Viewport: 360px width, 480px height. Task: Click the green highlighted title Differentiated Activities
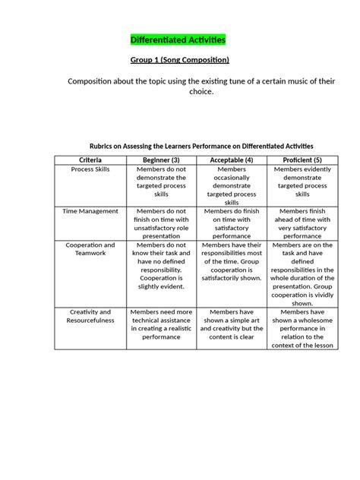pyautogui.click(x=178, y=39)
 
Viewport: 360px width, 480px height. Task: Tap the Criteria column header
pyautogui.click(x=90, y=159)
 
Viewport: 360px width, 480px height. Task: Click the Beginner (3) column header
pyautogui.click(x=160, y=159)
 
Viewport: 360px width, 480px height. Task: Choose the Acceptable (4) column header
pyautogui.click(x=232, y=159)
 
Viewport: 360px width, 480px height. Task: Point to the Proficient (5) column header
pyautogui.click(x=302, y=159)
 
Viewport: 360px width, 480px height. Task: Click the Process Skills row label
pyautogui.click(x=90, y=169)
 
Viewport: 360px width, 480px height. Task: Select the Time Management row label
pyautogui.click(x=90, y=211)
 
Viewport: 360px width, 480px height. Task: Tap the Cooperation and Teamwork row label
pyautogui.click(x=90, y=249)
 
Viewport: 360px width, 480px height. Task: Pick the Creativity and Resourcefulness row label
pyautogui.click(x=90, y=316)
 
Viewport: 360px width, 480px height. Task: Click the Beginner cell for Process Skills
pyautogui.click(x=160, y=182)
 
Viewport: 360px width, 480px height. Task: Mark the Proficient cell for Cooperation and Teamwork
pyautogui.click(x=302, y=273)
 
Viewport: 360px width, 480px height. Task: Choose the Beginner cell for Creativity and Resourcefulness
pyautogui.click(x=160, y=328)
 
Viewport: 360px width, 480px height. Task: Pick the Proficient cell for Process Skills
pyautogui.click(x=302, y=182)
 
